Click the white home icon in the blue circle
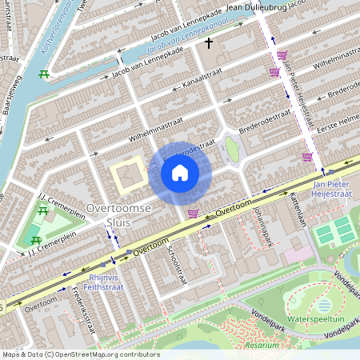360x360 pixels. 180,172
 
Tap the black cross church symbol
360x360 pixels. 209,42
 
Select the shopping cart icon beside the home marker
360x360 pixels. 193,213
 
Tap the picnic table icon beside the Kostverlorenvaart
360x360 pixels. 44,74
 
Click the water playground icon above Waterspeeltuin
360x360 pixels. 323,305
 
